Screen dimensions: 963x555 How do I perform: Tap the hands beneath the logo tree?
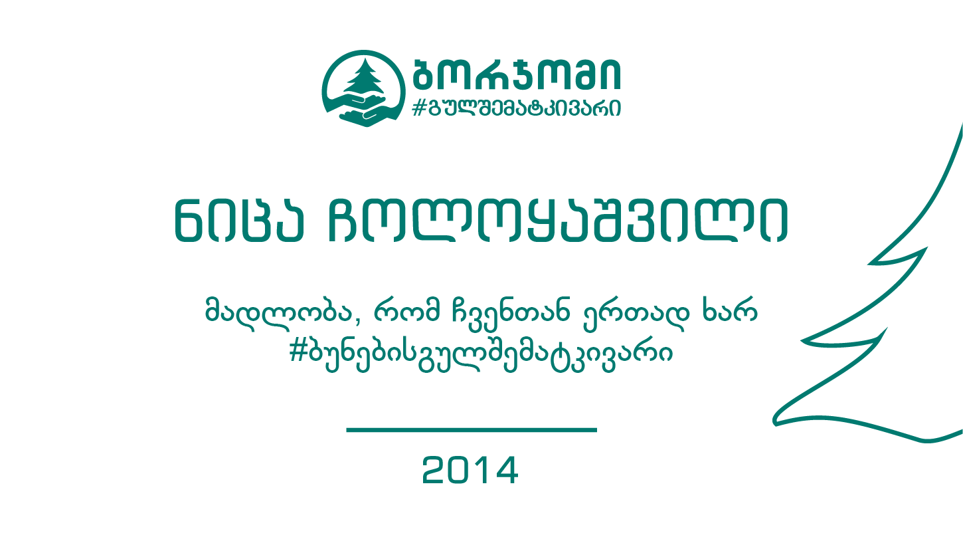[364, 110]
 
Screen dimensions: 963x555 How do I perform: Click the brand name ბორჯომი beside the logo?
[517, 74]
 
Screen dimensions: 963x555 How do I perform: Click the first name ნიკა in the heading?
[239, 221]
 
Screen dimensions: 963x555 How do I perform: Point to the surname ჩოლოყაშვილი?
[558, 221]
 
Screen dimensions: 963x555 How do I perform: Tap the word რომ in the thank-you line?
[406, 310]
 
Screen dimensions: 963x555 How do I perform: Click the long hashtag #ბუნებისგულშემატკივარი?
[481, 355]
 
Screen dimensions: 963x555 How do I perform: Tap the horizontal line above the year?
[472, 430]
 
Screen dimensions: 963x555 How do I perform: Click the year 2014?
[470, 470]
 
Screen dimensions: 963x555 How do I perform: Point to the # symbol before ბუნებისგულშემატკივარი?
[298, 352]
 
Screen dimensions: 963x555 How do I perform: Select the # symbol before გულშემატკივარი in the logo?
[418, 108]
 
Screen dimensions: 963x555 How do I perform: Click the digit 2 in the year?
[435, 470]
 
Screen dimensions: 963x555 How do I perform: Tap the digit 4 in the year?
[505, 470]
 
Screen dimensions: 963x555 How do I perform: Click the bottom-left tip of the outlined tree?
[774, 423]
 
